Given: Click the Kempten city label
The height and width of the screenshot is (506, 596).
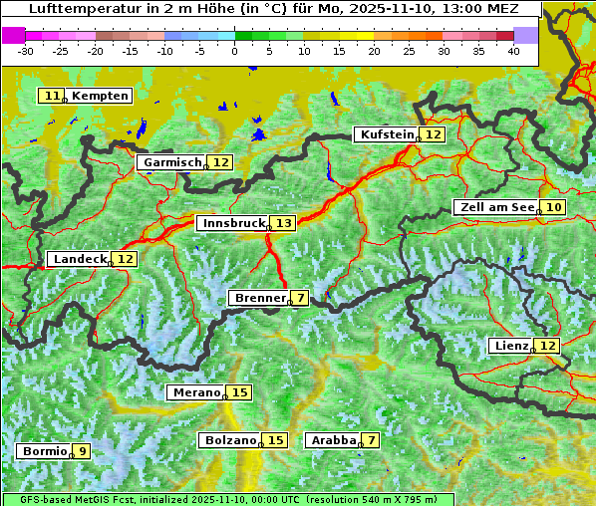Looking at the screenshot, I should [x=100, y=96].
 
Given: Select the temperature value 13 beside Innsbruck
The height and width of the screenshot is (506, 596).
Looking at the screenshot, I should [x=284, y=223].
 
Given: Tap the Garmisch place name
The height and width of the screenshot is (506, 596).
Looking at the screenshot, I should [x=171, y=162].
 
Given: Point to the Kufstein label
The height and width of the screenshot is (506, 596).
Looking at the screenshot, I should [x=386, y=134].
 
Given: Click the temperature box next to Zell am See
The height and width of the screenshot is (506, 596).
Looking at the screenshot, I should [x=554, y=207].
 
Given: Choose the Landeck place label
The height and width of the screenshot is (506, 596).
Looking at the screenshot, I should [x=79, y=259].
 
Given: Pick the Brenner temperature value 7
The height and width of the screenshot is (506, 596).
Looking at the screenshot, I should [x=300, y=298].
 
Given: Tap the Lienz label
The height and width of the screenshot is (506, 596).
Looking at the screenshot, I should [x=510, y=346].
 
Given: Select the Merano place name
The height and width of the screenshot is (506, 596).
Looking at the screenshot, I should [x=194, y=392].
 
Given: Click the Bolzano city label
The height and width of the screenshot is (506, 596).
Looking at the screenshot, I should [x=230, y=440].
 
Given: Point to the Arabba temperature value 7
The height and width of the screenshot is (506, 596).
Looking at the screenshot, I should [x=371, y=440].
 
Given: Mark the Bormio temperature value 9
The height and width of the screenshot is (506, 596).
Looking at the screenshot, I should [x=82, y=451].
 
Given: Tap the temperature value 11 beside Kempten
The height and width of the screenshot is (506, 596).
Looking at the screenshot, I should [x=52, y=96].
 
